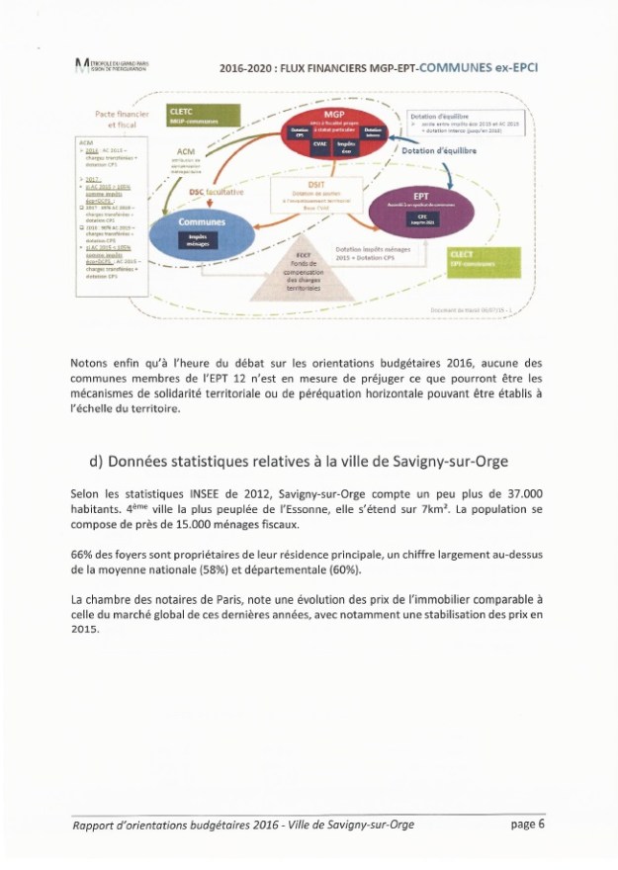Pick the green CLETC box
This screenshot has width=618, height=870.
pyautogui.click(x=198, y=117)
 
